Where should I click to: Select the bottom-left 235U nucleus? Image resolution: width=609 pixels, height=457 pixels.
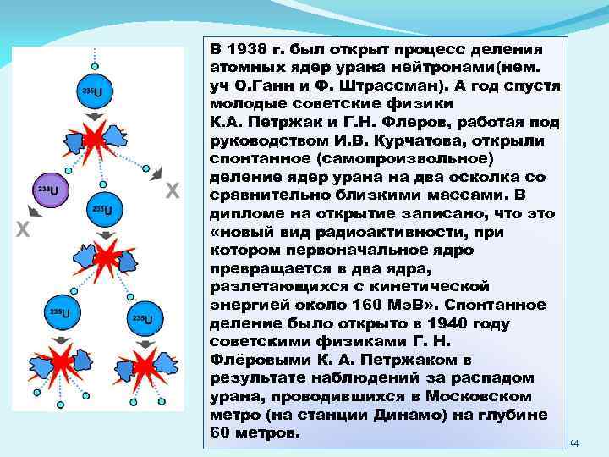[x=62, y=313]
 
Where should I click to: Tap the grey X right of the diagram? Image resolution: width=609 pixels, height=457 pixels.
[x=171, y=192]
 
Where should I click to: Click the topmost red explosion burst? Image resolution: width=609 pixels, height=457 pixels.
[x=95, y=137]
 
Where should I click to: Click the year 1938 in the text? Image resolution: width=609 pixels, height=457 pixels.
[x=246, y=48]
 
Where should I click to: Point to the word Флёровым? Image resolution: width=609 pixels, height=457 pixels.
[x=247, y=360]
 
